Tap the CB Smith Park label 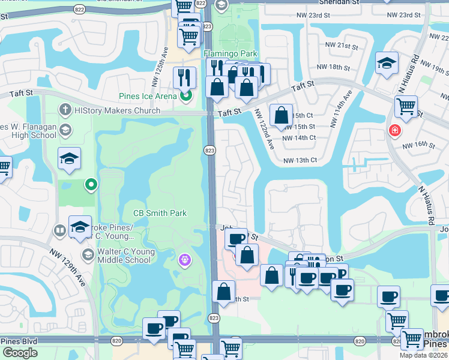(x=160, y=213)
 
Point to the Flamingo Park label (x=231, y=53)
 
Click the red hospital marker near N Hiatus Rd (x=394, y=130)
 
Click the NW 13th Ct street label (x=300, y=160)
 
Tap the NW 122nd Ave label (x=263, y=129)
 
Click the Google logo (x=20, y=353)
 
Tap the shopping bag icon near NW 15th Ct (x=281, y=115)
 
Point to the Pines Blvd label (x=19, y=341)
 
